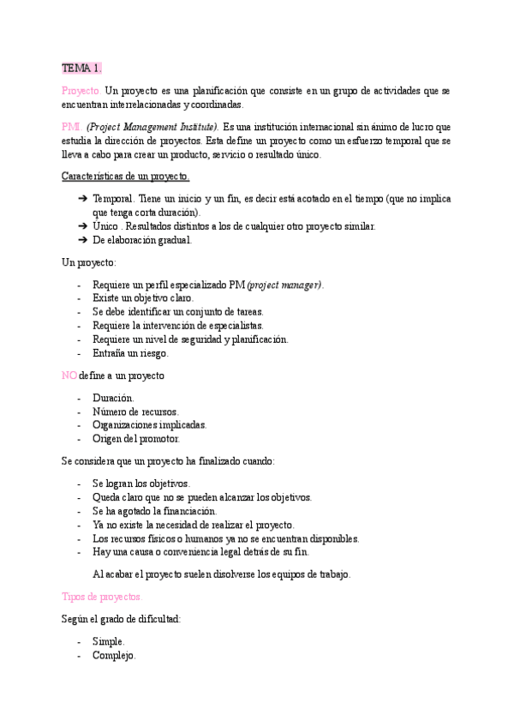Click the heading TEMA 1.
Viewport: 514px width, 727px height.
tap(82, 68)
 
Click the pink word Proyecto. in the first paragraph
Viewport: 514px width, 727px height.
tap(81, 90)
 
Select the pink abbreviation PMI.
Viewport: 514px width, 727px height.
tap(72, 126)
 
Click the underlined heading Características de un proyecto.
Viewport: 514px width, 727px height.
tap(126, 176)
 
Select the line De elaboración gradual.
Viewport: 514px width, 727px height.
tap(141, 240)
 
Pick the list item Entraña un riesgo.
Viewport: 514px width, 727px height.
tap(130, 352)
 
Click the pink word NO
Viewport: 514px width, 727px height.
tap(69, 376)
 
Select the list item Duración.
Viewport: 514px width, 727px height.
tap(113, 398)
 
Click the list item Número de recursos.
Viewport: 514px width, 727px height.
tap(135, 412)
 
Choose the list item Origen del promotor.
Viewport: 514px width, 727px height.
tap(136, 438)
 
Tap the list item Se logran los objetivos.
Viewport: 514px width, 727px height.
tap(140, 484)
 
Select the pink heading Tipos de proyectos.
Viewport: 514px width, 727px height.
tap(102, 597)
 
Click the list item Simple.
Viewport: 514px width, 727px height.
tap(109, 641)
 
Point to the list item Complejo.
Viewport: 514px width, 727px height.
tap(114, 655)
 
